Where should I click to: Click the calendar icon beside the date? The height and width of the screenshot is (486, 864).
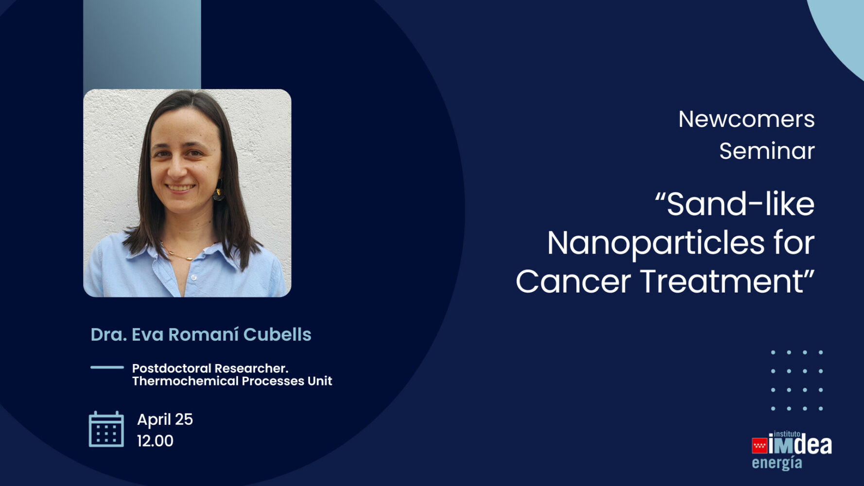point(106,429)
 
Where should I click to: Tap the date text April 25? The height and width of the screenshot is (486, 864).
point(165,420)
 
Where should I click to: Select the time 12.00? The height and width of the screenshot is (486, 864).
point(155,441)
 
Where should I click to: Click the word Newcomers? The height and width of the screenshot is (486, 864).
point(746,119)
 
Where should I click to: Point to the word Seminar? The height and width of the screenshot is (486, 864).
point(767,151)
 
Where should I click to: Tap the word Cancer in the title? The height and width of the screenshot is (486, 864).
point(573,281)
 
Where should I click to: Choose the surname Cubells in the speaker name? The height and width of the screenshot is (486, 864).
point(277,334)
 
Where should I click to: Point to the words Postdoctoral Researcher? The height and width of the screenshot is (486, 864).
point(210,368)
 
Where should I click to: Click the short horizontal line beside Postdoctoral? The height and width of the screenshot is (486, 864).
point(107,367)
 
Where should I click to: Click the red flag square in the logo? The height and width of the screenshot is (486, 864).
point(759,445)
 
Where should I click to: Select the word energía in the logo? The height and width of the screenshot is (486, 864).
point(777,463)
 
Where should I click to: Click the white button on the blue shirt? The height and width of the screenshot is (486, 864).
point(193,278)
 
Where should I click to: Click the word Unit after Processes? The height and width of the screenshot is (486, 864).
point(320,381)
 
